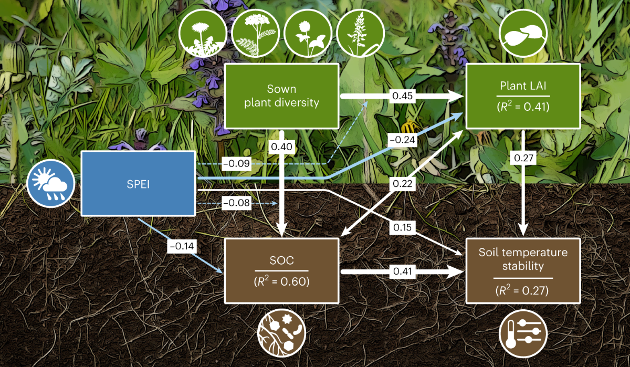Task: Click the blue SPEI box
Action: pos(138,183)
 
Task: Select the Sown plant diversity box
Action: pos(281,96)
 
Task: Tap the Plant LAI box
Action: pos(523,96)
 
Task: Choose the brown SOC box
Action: pos(281,270)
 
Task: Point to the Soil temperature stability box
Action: pos(523,270)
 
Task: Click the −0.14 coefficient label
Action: pos(180,244)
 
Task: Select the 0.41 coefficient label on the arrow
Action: pos(401,271)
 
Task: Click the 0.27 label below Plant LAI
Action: pos(523,158)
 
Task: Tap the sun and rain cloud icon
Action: pos(51,184)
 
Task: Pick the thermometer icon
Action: pos(523,334)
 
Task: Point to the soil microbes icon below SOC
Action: pos(281,334)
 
